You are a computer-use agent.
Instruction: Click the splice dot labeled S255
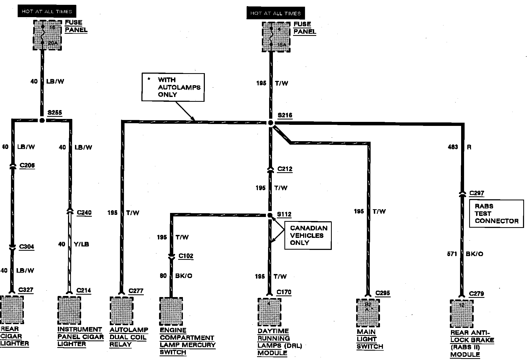pos(42,120)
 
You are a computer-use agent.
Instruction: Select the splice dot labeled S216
pos(271,123)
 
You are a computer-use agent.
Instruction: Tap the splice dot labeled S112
pos(270,215)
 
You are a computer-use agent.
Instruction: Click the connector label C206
pos(27,166)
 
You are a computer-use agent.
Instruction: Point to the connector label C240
pos(84,213)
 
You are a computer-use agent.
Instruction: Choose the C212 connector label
pos(285,169)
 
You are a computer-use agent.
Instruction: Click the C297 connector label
pos(477,193)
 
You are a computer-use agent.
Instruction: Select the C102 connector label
pos(186,256)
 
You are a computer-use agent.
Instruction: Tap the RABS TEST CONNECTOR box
pos(496,214)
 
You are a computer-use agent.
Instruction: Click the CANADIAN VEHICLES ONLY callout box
pos(308,235)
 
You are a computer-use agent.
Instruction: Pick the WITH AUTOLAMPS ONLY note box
pos(173,87)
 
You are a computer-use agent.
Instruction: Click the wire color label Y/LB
pos(81,244)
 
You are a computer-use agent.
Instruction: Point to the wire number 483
pos(453,147)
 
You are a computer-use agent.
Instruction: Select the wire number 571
pos(452,254)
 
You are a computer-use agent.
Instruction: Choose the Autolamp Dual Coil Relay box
pos(122,311)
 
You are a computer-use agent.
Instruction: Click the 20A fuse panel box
pos(47,35)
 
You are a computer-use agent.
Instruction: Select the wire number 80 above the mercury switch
pos(163,276)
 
